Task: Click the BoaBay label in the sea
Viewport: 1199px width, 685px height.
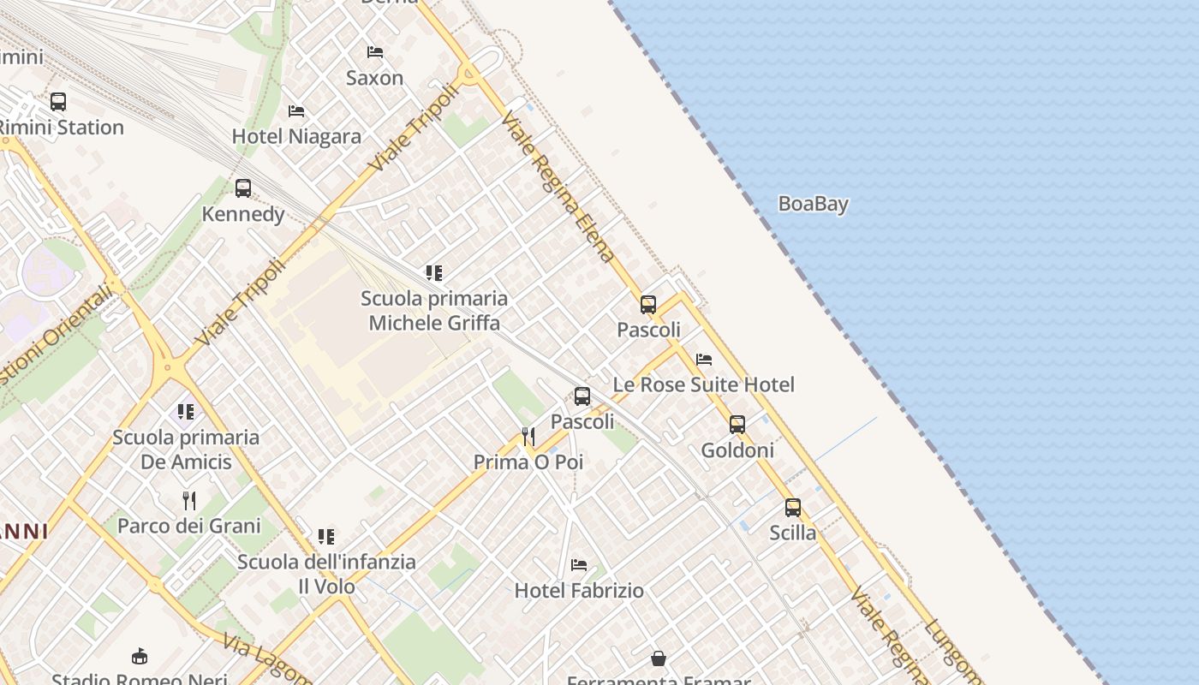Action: coord(813,204)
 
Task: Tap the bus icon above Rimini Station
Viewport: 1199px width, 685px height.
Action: coord(58,102)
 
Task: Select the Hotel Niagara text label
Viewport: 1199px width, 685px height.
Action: coord(296,136)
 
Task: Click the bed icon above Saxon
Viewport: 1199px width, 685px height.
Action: coord(374,52)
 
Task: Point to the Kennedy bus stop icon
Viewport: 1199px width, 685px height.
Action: coord(243,188)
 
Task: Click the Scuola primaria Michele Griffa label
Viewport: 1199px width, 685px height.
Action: coord(434,310)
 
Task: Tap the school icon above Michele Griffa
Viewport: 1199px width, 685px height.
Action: coord(434,273)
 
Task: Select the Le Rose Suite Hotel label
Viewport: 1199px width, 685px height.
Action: coord(703,384)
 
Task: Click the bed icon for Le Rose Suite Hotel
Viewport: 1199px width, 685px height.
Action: coord(704,360)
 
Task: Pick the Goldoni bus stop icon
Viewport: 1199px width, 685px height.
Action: coord(737,424)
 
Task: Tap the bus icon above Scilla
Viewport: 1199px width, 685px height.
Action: coord(793,507)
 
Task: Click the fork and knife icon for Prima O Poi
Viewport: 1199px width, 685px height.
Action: coord(528,437)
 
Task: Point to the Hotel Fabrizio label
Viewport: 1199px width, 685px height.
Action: coord(579,590)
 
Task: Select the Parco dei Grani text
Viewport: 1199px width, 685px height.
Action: coord(188,525)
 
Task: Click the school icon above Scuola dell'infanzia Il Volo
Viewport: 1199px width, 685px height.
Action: coord(326,537)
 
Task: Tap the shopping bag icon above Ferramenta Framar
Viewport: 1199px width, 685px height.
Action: coord(659,658)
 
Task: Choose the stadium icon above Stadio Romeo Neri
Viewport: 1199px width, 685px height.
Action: coord(140,657)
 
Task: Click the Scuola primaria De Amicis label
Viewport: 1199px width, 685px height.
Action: coord(186,450)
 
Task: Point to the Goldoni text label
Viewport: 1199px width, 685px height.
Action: coord(737,450)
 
